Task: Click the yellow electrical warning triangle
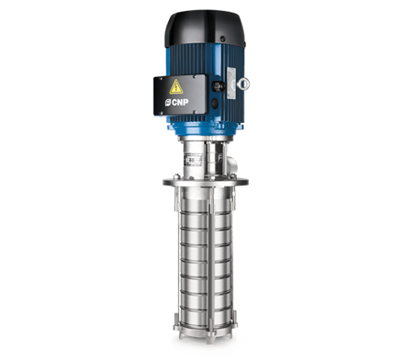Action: tap(176, 87)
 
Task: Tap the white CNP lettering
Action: tap(180, 102)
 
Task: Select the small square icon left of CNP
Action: tap(168, 103)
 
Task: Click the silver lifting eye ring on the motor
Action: tap(243, 84)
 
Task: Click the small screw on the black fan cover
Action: tap(223, 39)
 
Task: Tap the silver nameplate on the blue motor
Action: tap(230, 83)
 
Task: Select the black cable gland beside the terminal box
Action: tap(218, 85)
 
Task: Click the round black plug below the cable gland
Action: tap(215, 103)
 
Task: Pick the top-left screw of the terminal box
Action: tap(160, 79)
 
